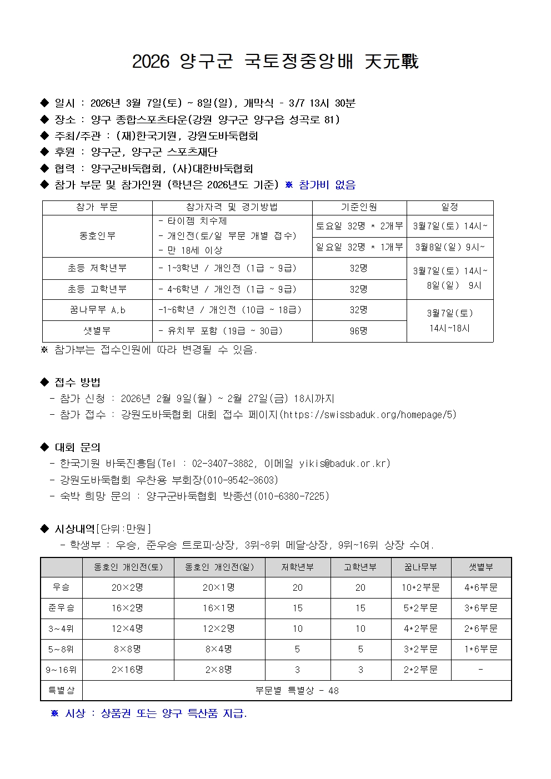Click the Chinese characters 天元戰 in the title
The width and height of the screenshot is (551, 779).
click(x=392, y=62)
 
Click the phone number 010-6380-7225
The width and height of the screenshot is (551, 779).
click(x=292, y=496)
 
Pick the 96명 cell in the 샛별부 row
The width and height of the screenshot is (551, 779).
click(x=359, y=331)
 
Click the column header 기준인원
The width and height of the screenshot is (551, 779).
click(x=359, y=207)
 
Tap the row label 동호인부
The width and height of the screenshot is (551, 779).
click(x=97, y=236)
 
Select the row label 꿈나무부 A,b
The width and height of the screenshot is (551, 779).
click(x=97, y=310)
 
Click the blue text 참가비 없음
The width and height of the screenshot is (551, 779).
click(x=327, y=185)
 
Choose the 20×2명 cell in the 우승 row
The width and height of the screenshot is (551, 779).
click(x=127, y=587)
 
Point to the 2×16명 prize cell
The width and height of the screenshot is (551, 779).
click(x=127, y=670)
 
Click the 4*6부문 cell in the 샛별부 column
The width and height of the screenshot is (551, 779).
click(x=480, y=587)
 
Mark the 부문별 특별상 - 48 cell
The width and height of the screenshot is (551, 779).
click(x=297, y=691)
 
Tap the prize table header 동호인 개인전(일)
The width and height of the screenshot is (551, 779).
click(x=219, y=567)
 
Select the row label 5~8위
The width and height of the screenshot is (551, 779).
click(x=61, y=649)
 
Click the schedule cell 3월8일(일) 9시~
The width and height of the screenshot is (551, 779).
click(x=449, y=247)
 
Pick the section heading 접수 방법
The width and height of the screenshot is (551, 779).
click(x=78, y=382)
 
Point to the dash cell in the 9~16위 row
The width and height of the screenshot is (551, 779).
click(x=480, y=670)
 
